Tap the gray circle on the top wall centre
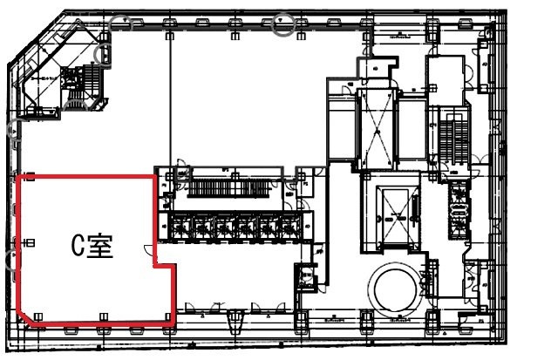click(283, 25)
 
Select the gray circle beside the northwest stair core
click(105, 56)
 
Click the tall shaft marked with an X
click(377, 127)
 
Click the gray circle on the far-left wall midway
click(13, 131)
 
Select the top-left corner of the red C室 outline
click(20, 176)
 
